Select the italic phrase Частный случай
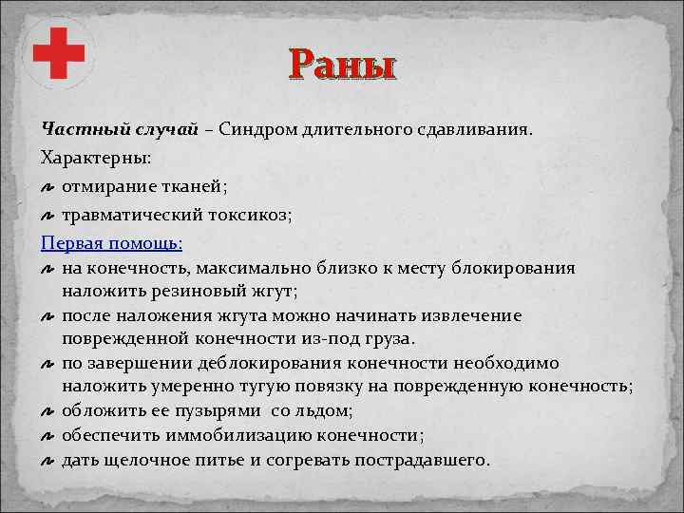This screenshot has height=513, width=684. (119, 128)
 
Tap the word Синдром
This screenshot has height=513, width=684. (255, 128)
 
